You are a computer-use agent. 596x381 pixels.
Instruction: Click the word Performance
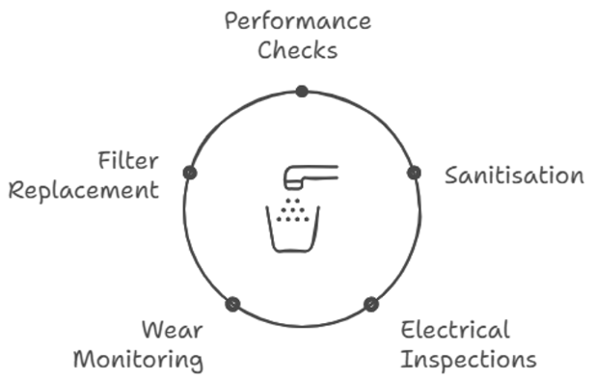[x=297, y=21]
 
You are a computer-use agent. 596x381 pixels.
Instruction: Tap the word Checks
[x=297, y=49]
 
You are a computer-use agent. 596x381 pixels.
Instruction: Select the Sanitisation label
[x=513, y=176]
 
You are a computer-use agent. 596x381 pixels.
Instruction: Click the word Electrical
[x=455, y=330]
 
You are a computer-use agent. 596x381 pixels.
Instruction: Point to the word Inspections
[x=468, y=360]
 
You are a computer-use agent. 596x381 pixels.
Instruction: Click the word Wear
[x=172, y=330]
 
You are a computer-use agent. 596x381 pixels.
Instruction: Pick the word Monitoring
[x=138, y=360]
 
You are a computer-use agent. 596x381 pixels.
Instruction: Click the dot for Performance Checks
[x=302, y=92]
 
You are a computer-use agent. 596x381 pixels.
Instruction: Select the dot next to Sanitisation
[x=414, y=173]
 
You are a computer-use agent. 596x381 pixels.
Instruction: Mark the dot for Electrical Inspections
[x=370, y=304]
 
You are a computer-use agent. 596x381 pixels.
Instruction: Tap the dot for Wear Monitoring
[x=232, y=304]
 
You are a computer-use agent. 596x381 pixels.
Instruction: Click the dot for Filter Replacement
[x=190, y=173]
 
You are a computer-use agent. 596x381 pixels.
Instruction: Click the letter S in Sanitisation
[x=451, y=176]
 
